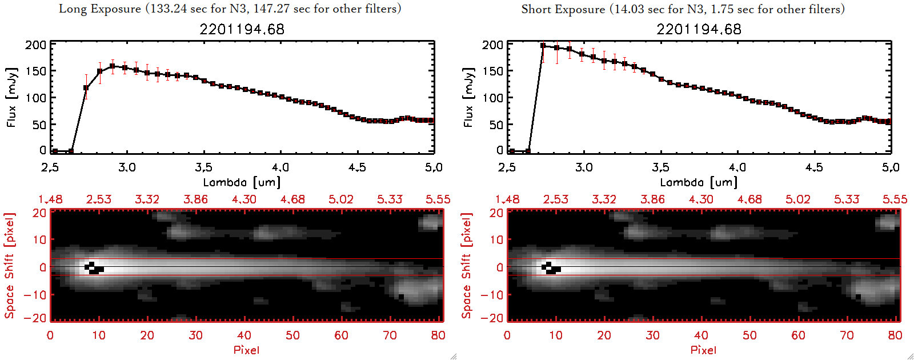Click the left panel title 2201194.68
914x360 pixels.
coord(242,29)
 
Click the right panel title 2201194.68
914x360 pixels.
coord(699,29)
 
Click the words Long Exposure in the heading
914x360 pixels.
coord(100,9)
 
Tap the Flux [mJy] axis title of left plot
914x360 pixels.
coord(11,97)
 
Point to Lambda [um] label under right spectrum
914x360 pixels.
coord(699,182)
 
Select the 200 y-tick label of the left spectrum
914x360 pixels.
coord(35,45)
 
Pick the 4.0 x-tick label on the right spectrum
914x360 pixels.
coord(737,167)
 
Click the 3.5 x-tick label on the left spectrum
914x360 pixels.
coord(203,167)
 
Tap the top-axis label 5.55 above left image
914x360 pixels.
coord(438,199)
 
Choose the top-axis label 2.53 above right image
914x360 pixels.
coord(556,199)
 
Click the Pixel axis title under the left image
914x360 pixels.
coord(246,350)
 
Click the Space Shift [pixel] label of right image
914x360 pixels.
coord(467,266)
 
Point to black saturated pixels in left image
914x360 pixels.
coord(94,268)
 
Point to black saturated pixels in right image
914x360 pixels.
coord(551,268)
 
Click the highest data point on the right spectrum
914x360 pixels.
coord(543,46)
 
